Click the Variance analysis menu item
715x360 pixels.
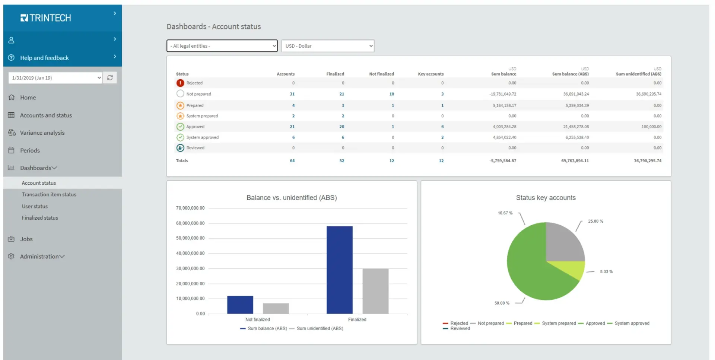(x=42, y=133)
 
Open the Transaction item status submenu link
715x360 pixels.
(x=49, y=195)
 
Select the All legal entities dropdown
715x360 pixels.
(x=222, y=46)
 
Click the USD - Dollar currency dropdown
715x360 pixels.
(x=328, y=46)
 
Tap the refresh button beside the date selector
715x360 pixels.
(x=110, y=78)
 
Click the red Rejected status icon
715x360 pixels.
(x=180, y=83)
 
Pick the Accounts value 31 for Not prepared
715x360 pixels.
(x=292, y=94)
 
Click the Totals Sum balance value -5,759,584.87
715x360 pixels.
(x=503, y=161)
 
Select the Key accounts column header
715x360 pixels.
(x=431, y=74)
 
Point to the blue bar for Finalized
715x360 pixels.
(x=340, y=270)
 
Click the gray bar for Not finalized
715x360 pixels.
(x=276, y=309)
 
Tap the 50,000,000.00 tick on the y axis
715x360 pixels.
(x=190, y=238)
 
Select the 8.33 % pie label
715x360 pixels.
(x=606, y=272)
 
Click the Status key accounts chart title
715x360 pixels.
(x=546, y=198)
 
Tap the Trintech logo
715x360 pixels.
(x=45, y=18)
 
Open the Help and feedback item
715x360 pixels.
(x=44, y=58)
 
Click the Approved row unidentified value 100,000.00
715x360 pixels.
(x=651, y=127)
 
